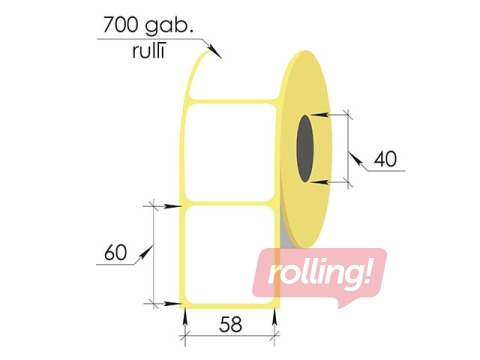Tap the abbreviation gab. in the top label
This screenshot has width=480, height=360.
click(169, 26)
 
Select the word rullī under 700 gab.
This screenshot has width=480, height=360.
click(149, 51)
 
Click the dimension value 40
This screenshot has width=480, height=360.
click(385, 159)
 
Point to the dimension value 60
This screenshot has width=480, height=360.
click(115, 252)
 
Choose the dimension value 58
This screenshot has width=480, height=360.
click(230, 324)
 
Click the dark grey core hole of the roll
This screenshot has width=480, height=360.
click(305, 149)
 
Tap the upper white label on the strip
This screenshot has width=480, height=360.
click(230, 152)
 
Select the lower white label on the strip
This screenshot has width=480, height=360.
click(229, 255)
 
